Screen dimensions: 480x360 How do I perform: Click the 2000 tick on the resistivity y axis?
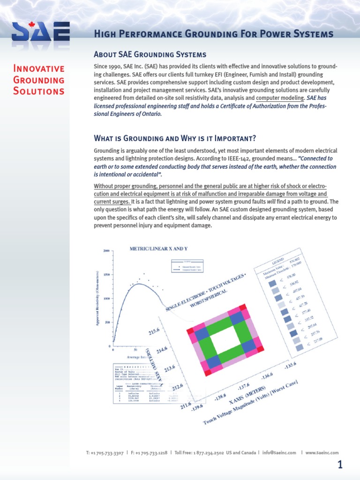click(106, 251)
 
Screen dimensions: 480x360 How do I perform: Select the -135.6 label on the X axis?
click(290, 366)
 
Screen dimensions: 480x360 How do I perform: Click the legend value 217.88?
click(318, 340)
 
